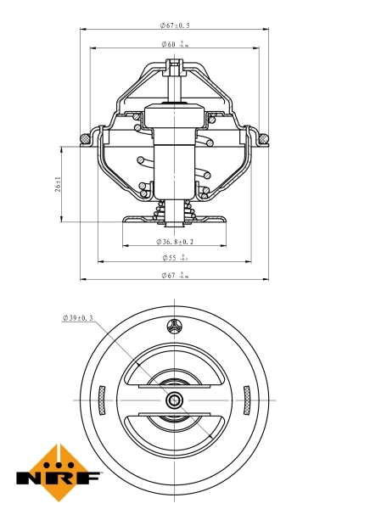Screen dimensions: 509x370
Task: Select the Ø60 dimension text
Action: (x=173, y=44)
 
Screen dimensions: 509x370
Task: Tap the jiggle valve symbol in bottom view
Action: (x=174, y=328)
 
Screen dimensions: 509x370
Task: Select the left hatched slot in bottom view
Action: (x=102, y=400)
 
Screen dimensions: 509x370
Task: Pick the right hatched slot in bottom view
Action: (x=247, y=400)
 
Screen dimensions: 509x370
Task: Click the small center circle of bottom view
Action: (x=174, y=400)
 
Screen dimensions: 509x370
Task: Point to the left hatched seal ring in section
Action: (x=85, y=137)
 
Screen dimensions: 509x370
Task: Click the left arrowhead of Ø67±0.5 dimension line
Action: (x=83, y=31)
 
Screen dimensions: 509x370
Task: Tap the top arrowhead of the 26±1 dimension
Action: (x=62, y=148)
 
